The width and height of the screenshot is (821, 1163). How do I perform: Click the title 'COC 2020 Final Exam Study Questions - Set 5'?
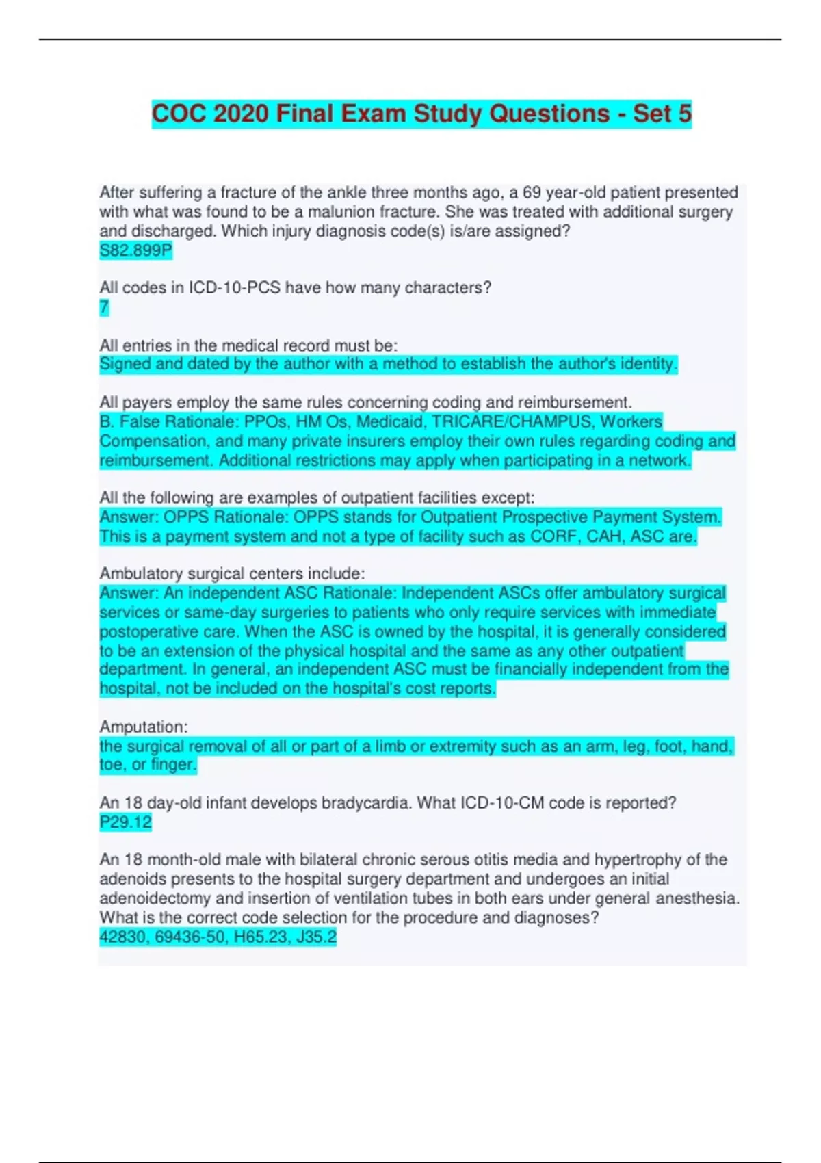421,114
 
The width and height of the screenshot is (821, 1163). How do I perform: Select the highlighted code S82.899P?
135,250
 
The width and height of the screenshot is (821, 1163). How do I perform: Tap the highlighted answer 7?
104,308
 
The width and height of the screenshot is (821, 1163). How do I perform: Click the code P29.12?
125,822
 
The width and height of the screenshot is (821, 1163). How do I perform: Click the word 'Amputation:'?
144,727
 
